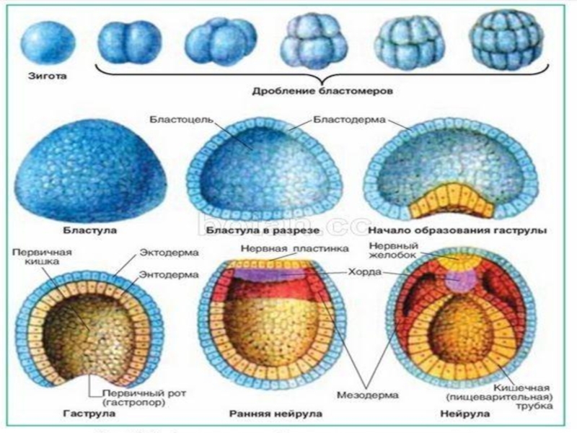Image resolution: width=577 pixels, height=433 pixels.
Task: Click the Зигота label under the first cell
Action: tap(43, 74)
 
